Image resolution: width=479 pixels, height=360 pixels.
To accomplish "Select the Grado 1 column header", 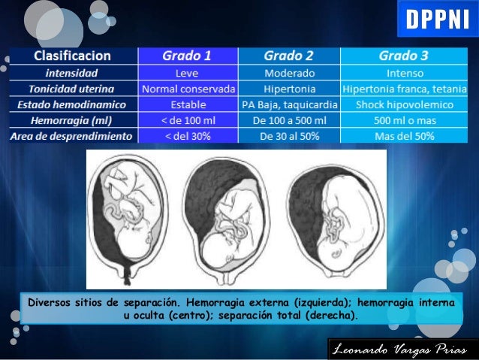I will point(187,56).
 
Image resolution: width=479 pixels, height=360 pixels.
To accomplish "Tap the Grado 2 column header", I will point(288,56).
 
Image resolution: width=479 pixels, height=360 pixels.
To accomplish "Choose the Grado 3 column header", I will point(403,56).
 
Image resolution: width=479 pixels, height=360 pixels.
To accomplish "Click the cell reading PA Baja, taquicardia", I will point(288,104).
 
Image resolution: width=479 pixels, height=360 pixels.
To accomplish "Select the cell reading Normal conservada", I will point(188,89).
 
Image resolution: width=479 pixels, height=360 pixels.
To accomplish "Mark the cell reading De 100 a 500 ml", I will point(288,120).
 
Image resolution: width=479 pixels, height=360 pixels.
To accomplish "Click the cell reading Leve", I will point(187,74).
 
